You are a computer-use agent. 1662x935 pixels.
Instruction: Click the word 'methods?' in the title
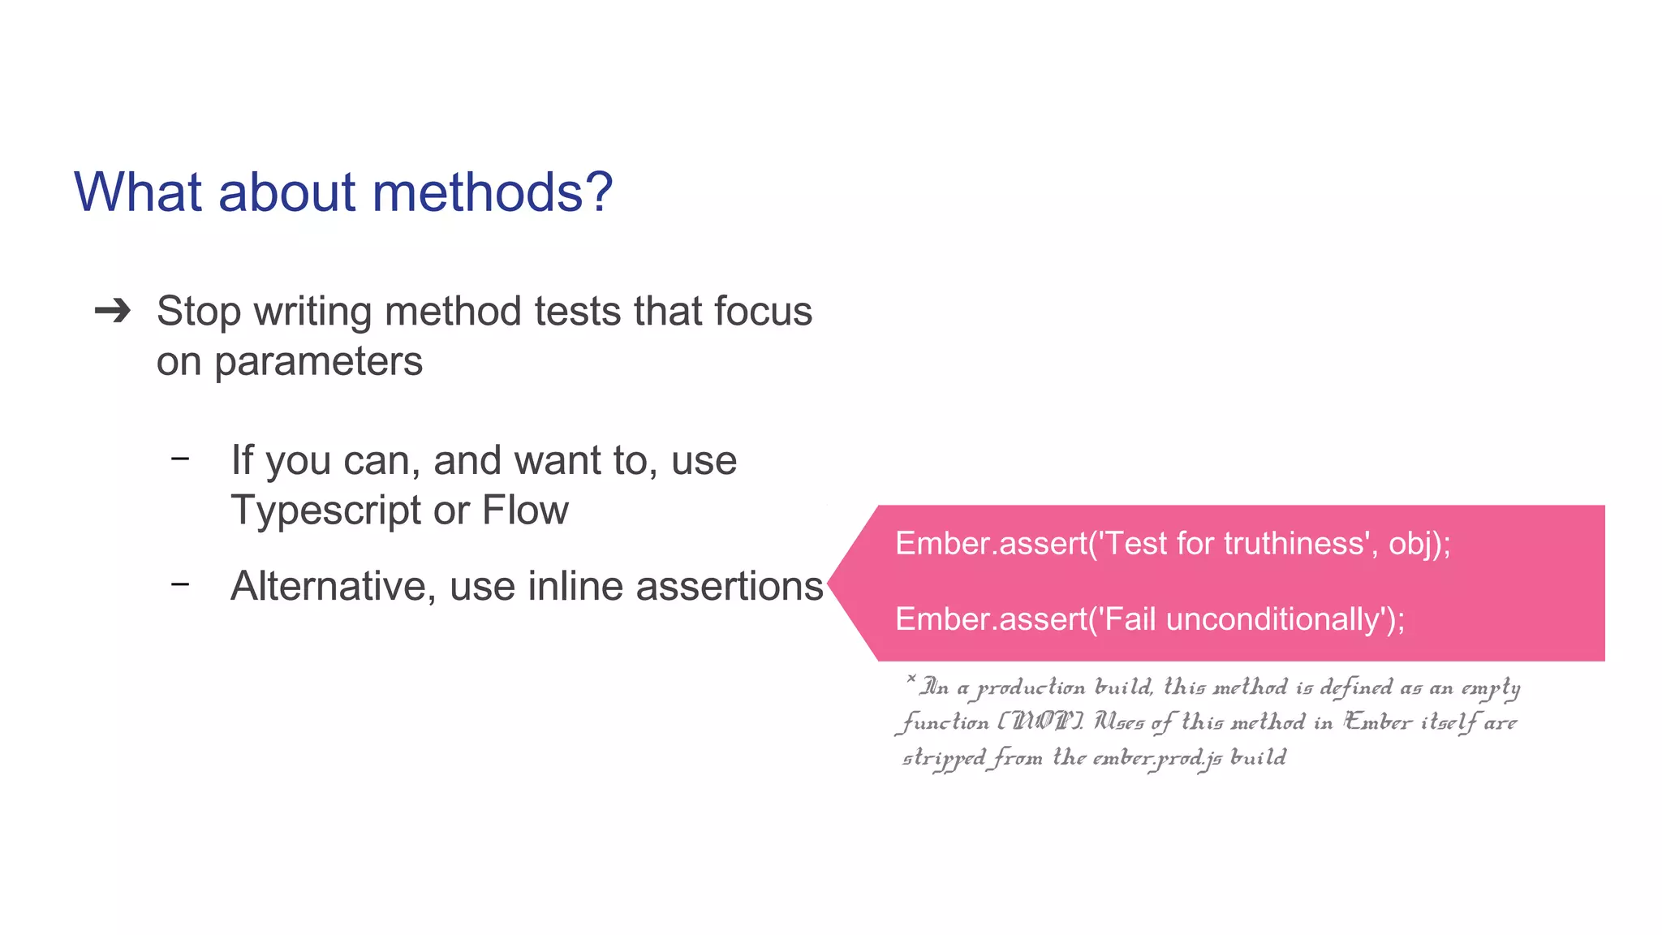point(492,192)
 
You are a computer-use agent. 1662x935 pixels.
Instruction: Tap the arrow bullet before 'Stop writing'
point(113,311)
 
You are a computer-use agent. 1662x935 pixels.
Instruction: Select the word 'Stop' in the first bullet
point(199,312)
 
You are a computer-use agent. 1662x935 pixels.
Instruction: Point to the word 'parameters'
point(318,362)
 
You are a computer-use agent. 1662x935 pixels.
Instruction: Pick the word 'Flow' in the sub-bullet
point(525,511)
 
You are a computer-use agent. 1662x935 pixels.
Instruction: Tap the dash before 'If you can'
point(180,459)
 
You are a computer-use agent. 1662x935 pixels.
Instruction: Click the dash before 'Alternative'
point(180,584)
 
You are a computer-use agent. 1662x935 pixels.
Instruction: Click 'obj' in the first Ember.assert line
point(1410,543)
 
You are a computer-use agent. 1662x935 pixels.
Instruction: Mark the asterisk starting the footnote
point(911,679)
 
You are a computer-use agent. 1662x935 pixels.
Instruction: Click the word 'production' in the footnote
point(1031,688)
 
